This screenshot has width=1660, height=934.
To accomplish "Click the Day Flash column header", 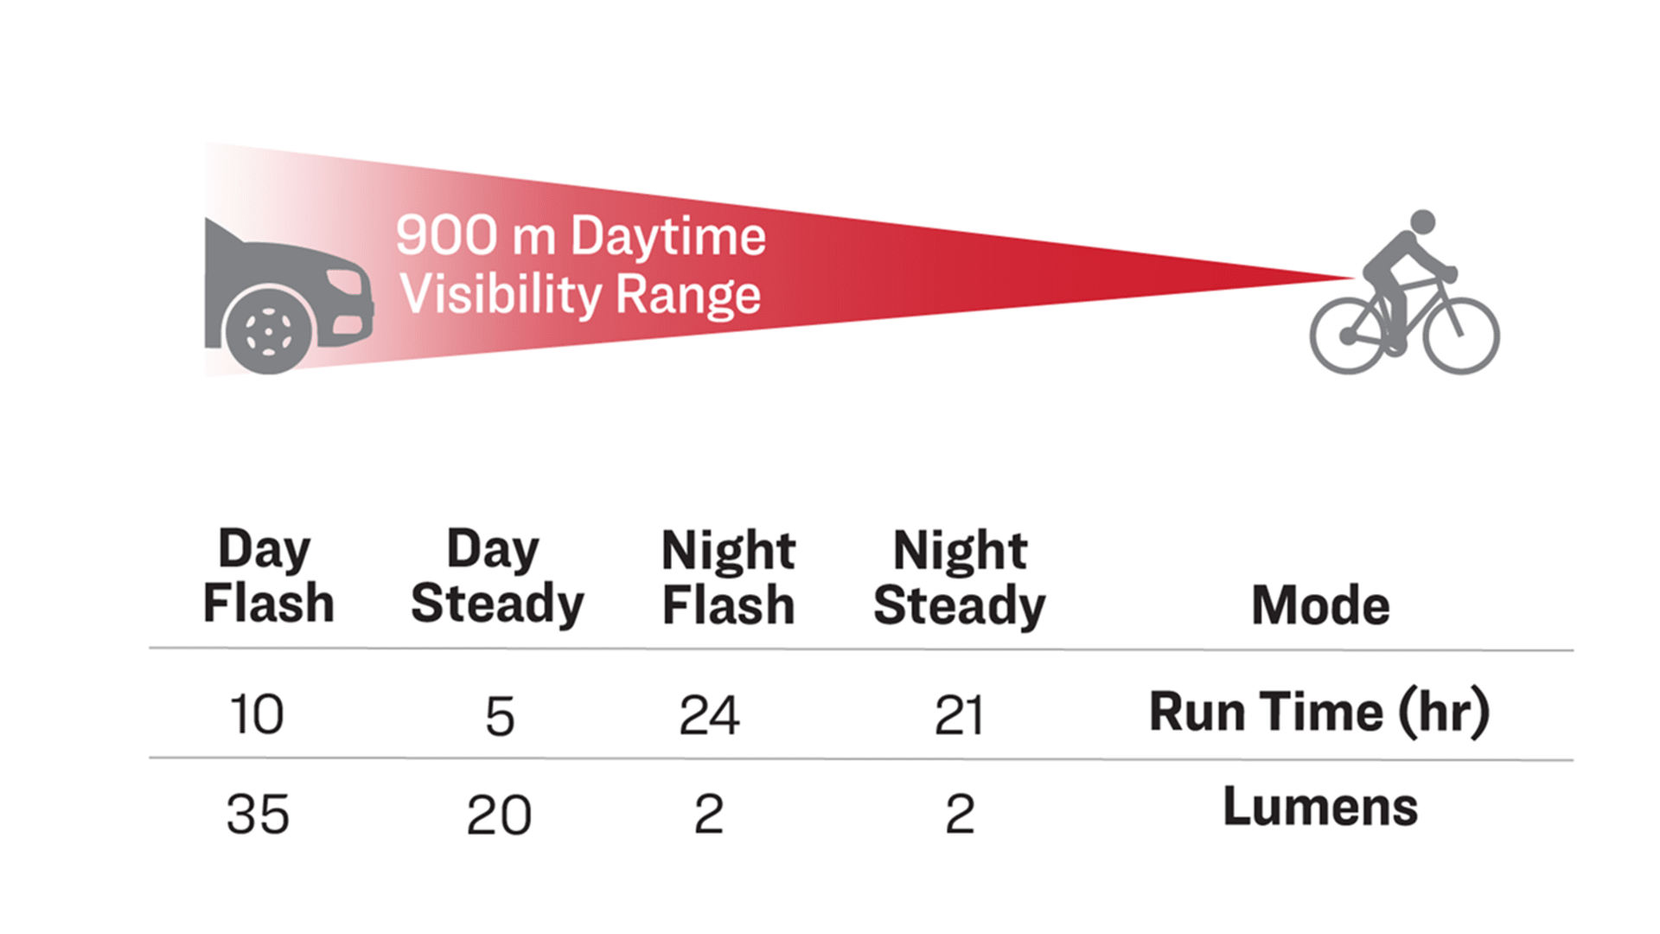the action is [x=268, y=575].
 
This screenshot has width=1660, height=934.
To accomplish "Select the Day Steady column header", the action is [x=497, y=575].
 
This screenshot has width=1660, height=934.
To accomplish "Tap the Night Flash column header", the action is [x=728, y=577].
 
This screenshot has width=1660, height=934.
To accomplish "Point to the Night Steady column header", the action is [x=960, y=577].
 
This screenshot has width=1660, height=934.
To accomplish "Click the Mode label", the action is [x=1321, y=605].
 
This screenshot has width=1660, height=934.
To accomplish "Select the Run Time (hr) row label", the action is [x=1320, y=713].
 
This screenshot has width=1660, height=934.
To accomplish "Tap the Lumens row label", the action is [x=1320, y=807].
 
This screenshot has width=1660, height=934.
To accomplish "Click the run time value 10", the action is [x=257, y=715].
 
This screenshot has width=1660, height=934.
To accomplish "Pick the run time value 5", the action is [x=500, y=716].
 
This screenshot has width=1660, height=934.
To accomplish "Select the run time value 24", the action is [x=709, y=715].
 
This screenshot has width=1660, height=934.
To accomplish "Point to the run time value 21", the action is [x=959, y=716].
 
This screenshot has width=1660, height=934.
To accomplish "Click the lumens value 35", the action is [x=258, y=815].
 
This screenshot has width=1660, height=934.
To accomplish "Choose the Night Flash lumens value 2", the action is [x=709, y=814].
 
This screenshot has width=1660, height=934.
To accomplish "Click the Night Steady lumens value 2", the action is [x=960, y=815].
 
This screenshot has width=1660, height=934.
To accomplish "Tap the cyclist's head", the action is [x=1422, y=222].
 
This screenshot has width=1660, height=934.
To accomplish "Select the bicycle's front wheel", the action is [x=1461, y=336].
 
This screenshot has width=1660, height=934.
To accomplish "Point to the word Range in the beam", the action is [x=688, y=296].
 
